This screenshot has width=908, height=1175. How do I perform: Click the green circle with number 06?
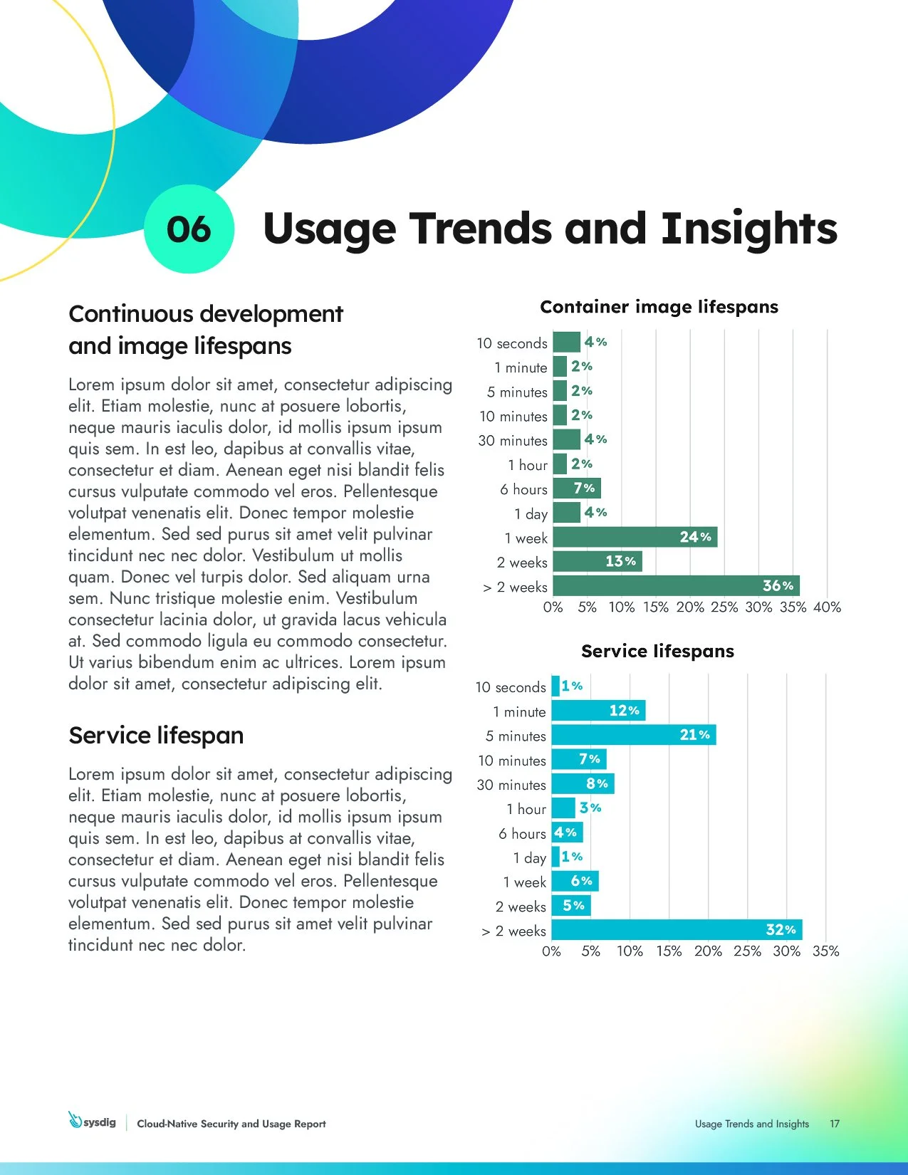(189, 229)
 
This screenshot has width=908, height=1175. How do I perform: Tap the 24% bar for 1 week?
(634, 537)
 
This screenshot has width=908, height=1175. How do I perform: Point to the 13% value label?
(620, 562)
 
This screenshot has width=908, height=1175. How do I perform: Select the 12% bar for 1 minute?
(597, 711)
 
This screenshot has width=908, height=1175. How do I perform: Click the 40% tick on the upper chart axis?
(827, 607)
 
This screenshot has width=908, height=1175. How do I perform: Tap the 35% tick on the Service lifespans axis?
(825, 951)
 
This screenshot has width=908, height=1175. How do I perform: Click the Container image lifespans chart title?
(659, 307)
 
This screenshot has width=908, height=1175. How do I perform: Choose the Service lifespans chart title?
(657, 651)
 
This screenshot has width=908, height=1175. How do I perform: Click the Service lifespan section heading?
(156, 735)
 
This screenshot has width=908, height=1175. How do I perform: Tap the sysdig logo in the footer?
(93, 1122)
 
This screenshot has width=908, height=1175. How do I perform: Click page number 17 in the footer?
(834, 1124)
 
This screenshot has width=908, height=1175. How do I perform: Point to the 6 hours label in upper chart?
(523, 489)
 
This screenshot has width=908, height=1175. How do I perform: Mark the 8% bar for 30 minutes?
(582, 784)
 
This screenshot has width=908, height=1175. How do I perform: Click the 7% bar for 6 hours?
(576, 489)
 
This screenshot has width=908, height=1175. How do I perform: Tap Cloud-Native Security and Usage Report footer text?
(231, 1124)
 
